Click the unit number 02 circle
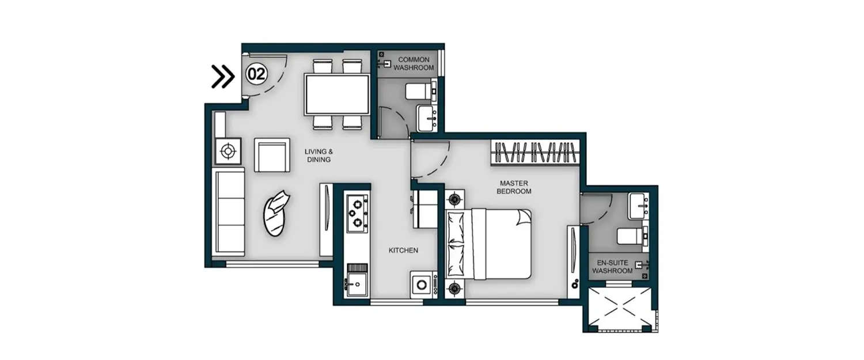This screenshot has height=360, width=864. (256, 74)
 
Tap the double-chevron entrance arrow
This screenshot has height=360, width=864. (223, 77)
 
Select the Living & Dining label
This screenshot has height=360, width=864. (319, 156)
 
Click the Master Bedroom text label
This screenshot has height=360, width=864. (515, 187)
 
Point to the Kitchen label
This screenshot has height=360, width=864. (403, 251)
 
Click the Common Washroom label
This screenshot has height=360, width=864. (414, 63)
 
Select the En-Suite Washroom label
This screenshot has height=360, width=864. (612, 266)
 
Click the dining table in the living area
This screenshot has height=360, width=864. (336, 94)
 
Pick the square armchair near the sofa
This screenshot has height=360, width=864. (272, 155)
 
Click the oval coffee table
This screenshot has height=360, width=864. (276, 213)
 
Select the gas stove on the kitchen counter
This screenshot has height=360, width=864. (357, 211)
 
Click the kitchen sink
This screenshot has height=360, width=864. (357, 284)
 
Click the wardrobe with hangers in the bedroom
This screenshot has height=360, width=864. (535, 153)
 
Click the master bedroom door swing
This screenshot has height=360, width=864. (429, 158)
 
